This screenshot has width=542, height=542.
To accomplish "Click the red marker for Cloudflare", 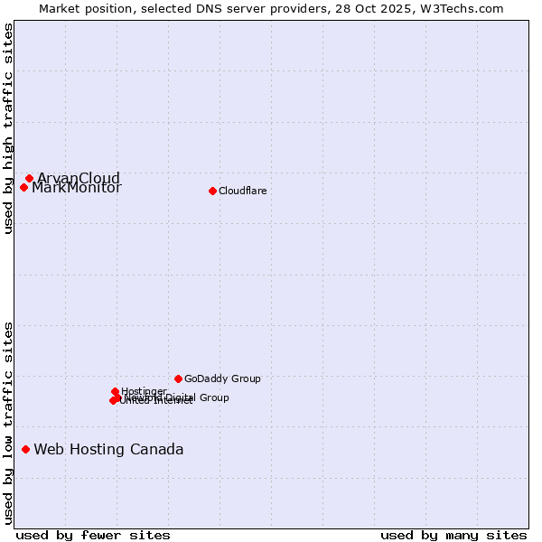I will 212,191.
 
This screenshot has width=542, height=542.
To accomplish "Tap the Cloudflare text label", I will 242,192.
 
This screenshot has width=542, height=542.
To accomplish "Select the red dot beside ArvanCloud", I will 29,179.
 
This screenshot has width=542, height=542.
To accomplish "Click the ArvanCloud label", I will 79,178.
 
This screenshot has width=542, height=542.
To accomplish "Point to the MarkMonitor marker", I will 23,188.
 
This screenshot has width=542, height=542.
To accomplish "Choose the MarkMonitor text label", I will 77,189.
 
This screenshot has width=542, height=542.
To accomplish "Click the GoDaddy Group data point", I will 178,378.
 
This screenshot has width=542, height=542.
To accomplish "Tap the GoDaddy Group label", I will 222,379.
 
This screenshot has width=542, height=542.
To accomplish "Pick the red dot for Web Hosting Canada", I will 25,449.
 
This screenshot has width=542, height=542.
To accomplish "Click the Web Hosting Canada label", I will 108,450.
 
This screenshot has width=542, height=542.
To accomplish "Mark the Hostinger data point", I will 115,392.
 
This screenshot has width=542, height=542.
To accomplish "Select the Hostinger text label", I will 144,392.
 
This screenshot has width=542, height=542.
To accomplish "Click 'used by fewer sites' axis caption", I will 93,535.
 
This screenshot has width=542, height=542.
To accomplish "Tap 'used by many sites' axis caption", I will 453,535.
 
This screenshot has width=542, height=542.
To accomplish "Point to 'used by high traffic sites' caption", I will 8,128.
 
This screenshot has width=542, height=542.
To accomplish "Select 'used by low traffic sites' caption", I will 8,422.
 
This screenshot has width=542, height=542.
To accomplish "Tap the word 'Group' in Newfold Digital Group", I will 213,397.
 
